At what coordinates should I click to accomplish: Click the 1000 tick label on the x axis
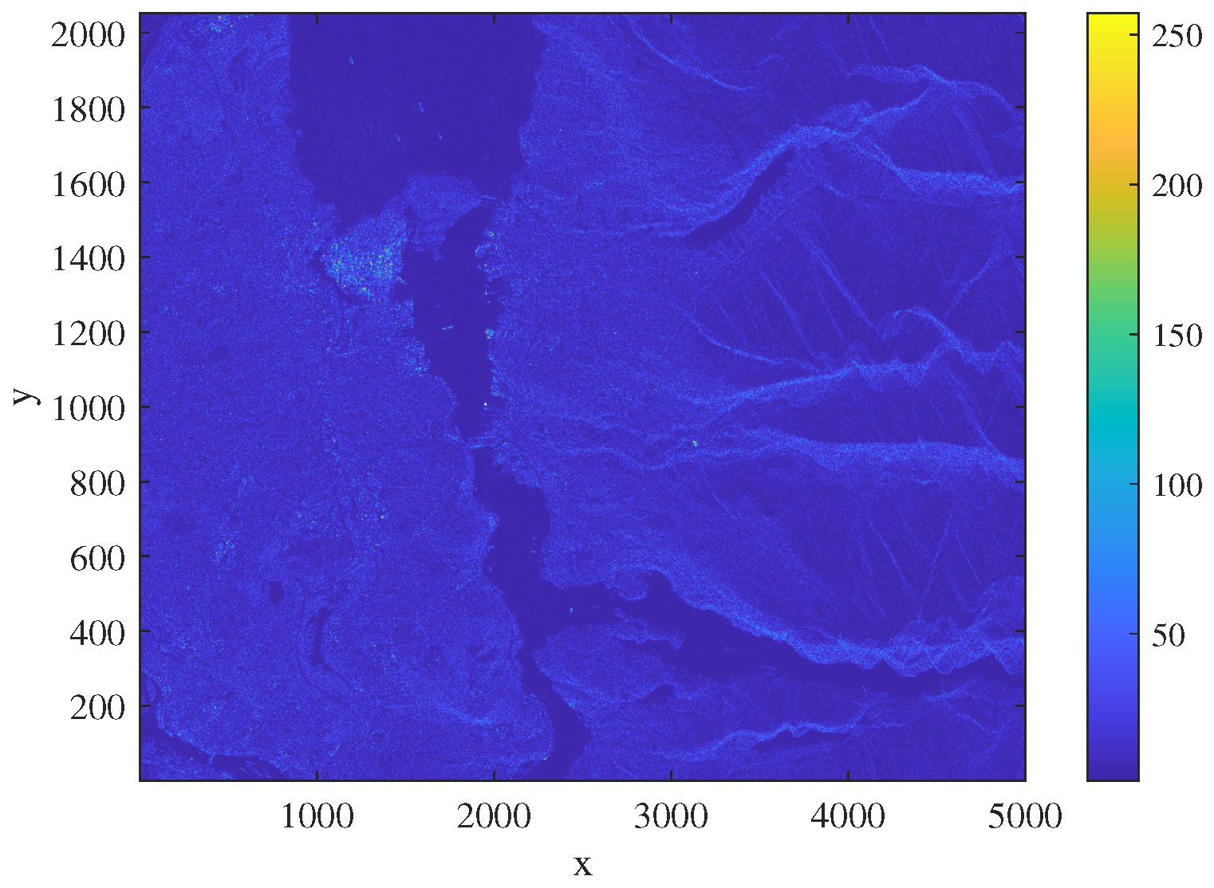[317, 817]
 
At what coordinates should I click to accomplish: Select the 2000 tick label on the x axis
[494, 817]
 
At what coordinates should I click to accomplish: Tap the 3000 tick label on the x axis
[671, 817]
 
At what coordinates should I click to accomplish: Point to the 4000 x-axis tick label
[848, 817]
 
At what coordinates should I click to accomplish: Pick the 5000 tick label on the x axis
[1024, 817]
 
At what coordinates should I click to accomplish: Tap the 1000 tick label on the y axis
[89, 407]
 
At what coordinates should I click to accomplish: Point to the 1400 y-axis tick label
[89, 258]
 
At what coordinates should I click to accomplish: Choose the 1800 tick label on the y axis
[89, 108]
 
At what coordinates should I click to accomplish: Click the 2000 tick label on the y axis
[89, 34]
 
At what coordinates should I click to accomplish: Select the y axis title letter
[26, 396]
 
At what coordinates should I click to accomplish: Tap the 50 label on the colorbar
[1168, 635]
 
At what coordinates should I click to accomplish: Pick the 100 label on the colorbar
[1177, 485]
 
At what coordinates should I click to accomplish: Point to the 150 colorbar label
[1177, 335]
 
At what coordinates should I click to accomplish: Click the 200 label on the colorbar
[1177, 185]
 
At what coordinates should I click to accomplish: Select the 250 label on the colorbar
[1177, 35]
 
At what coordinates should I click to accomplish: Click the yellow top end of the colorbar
[1113, 18]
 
